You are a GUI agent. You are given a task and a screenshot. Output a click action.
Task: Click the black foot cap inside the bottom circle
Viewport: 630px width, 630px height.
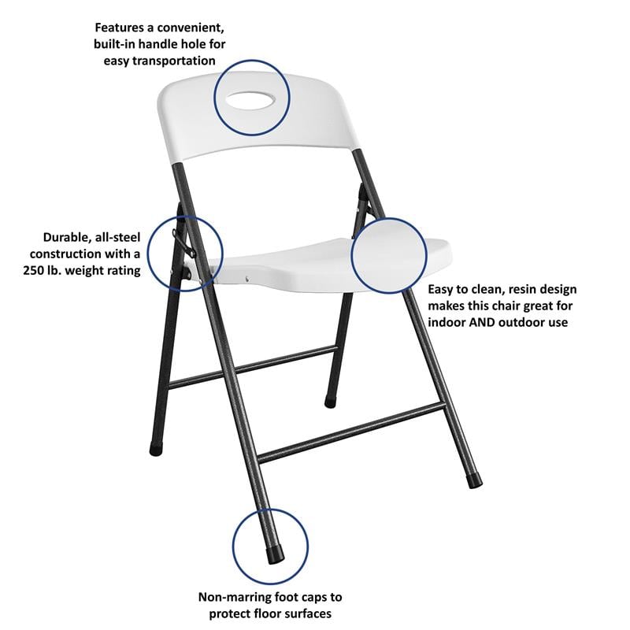pyautogui.click(x=276, y=554)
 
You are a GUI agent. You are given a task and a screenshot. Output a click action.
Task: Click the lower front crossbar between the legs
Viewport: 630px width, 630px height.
pyautogui.click(x=350, y=432)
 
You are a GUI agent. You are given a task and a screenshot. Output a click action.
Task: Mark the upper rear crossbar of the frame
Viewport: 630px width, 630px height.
pyautogui.click(x=252, y=367)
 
